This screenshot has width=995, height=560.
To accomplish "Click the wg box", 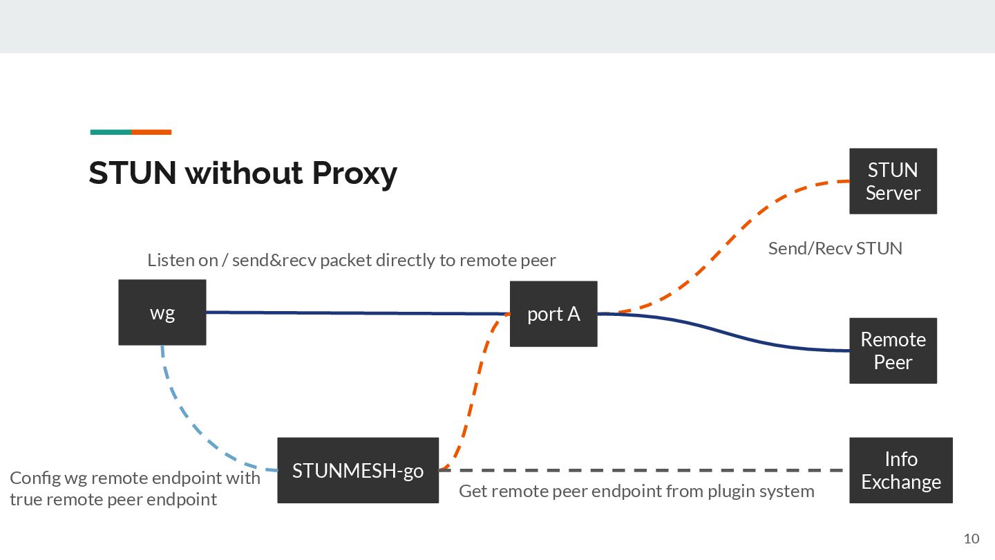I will tap(162, 312).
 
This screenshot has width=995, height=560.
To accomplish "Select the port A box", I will tap(553, 314).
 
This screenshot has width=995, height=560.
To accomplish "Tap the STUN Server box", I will tap(893, 181).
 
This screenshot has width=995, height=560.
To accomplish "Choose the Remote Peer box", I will tap(893, 351).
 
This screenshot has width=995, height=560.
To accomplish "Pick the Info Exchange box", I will tap(900, 470).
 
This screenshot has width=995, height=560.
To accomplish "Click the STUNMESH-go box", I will tap(358, 470).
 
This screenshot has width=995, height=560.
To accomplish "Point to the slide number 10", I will tap(971, 539).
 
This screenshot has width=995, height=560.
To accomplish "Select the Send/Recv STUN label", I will tap(835, 248).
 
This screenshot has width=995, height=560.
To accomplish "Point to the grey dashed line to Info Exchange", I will tap(643, 470).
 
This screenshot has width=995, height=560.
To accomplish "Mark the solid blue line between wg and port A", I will tap(359, 313).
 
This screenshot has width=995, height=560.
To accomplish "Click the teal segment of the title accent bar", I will tap(111, 132).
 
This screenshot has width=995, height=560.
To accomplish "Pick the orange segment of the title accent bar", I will tap(151, 132).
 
